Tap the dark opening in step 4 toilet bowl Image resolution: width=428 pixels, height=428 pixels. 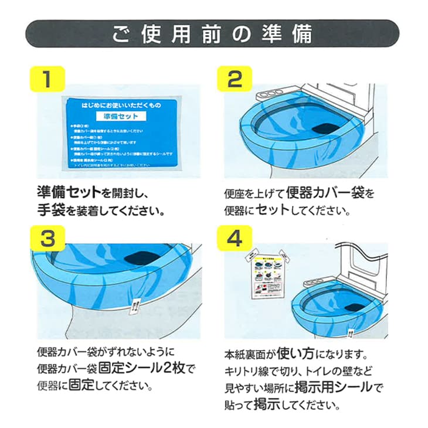pyautogui.click(x=354, y=305)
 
